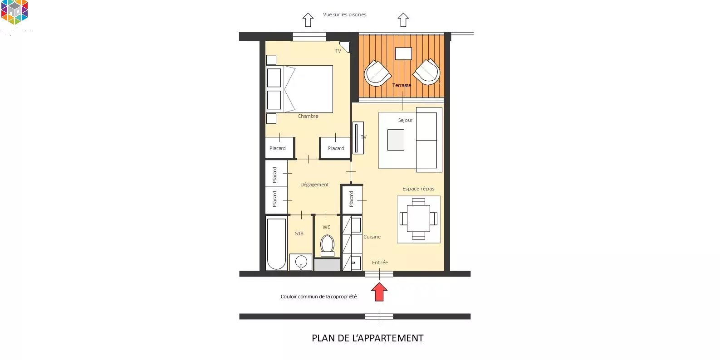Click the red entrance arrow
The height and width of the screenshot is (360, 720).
(x=379, y=292)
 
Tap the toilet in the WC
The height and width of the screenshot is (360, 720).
(x=328, y=246)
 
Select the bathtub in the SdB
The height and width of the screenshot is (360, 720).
(x=276, y=244)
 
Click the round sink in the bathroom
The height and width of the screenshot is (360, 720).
(x=301, y=262)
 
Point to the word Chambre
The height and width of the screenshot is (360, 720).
(x=308, y=116)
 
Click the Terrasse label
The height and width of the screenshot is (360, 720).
(x=402, y=85)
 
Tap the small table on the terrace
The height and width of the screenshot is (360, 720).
(x=403, y=54)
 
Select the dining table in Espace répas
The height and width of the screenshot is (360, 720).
(x=418, y=219)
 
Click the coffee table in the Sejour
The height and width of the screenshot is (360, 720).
(x=396, y=140)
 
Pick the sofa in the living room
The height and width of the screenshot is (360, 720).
(x=429, y=140)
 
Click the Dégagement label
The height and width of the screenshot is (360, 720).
(x=314, y=185)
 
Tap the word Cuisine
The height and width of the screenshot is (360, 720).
(x=372, y=237)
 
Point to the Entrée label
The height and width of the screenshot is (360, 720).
(x=380, y=263)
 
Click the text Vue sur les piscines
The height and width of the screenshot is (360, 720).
(x=344, y=15)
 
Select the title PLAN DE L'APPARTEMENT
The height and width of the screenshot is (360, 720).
(x=368, y=338)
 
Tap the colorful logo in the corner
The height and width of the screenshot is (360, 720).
(x=15, y=12)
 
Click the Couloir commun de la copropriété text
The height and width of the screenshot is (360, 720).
(x=318, y=297)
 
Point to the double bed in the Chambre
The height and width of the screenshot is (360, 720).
(x=299, y=89)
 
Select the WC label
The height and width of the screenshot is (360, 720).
(x=327, y=227)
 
